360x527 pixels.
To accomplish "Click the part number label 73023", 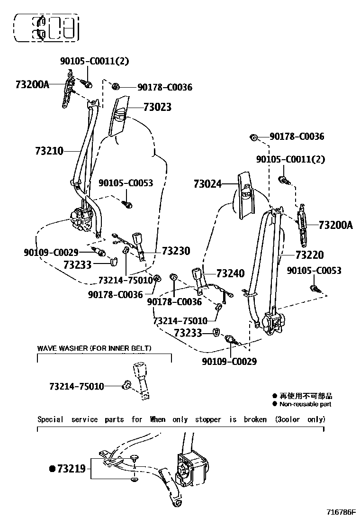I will (x=156, y=108).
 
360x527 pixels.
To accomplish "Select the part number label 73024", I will (x=207, y=183).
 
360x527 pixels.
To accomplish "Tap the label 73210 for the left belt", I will (x=49, y=151).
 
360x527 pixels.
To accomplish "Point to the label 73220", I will (x=309, y=255).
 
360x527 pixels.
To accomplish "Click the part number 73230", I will (x=176, y=251).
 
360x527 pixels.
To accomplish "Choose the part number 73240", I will (x=230, y=273).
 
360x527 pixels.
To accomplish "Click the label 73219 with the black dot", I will (x=71, y=469).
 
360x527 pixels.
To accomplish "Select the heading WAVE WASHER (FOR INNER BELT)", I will (x=94, y=348).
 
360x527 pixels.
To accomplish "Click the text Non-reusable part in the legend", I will (x=305, y=404).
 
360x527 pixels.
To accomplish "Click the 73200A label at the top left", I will (x=32, y=85).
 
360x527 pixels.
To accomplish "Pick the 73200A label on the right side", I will (x=335, y=225).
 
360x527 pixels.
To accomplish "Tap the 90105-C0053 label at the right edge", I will (x=314, y=271).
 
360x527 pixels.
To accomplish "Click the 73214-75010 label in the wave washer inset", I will (x=76, y=386).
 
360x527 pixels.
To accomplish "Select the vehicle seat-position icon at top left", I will (x=46, y=27).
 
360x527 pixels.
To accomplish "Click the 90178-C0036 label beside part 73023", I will (x=165, y=87).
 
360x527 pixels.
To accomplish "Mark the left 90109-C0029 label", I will (x=51, y=252).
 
